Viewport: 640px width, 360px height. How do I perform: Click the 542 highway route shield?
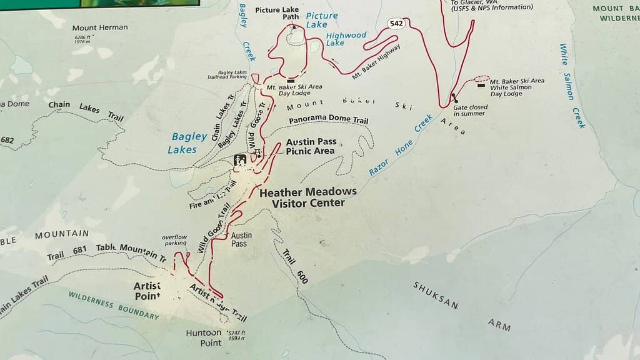point(396,24)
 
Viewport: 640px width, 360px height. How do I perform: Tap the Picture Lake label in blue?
point(322,20)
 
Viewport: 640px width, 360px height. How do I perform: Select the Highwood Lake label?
point(346,39)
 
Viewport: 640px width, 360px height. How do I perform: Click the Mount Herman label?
point(100,27)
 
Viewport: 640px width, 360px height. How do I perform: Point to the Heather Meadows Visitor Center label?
point(308,197)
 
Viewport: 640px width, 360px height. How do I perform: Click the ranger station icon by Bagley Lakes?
point(239,161)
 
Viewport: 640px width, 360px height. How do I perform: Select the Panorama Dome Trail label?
point(328,121)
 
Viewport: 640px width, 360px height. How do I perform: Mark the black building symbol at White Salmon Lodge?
point(480,85)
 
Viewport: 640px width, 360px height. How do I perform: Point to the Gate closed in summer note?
point(471,111)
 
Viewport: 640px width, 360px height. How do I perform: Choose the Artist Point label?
point(147,290)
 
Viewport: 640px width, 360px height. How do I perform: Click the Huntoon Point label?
point(204,337)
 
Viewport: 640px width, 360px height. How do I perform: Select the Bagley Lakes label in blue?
point(184,143)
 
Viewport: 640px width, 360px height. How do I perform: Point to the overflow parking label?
point(174,240)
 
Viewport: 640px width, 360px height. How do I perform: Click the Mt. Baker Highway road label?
point(376,61)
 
